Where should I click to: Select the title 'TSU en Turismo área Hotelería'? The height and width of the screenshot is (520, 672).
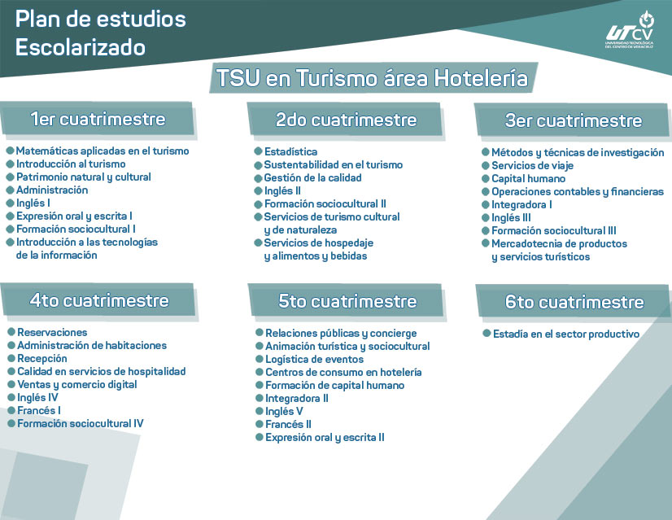tap(372, 79)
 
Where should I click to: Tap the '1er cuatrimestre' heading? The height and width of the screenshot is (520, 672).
tap(98, 120)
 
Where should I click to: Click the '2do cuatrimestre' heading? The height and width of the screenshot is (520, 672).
tap(346, 120)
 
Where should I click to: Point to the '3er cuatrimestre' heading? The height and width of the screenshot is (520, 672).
tap(574, 121)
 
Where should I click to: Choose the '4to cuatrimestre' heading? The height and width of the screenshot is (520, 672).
tap(99, 300)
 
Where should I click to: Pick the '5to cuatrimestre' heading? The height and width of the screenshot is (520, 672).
tap(347, 301)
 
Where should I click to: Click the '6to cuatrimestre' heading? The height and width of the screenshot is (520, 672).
tap(574, 302)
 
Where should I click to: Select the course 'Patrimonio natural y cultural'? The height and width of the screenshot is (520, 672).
tap(84, 177)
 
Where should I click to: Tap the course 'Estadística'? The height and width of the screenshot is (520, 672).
tap(290, 152)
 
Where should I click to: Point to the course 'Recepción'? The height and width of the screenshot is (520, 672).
tap(42, 359)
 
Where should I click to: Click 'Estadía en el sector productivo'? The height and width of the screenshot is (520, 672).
tap(565, 334)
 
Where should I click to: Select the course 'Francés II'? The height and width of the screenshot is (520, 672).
tap(288, 425)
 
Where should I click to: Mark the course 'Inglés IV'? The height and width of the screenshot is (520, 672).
tap(38, 398)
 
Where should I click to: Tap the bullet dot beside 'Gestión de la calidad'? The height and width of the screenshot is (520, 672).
tap(258, 177)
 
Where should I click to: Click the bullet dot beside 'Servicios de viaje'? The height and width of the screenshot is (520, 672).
tap(485, 166)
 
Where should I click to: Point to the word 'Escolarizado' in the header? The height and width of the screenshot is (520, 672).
tap(81, 48)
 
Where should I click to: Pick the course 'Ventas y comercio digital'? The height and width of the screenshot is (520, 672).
tap(77, 385)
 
